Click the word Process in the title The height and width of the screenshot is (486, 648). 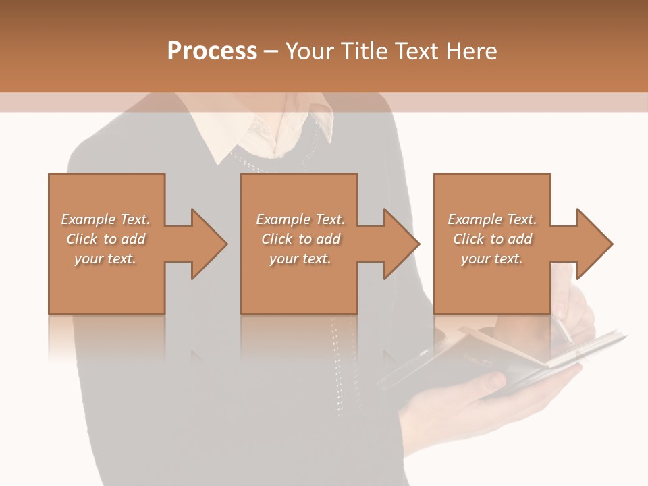[212, 51]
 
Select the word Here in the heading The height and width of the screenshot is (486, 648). [472, 51]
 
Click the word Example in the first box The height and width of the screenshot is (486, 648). [88, 219]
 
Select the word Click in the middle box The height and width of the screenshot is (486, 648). [277, 239]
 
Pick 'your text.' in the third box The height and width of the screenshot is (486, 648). [492, 259]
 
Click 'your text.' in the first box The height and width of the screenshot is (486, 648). [105, 259]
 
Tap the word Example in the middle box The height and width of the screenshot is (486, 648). [283, 219]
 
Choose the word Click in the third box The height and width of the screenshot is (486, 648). [468, 239]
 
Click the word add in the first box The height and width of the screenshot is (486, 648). [134, 239]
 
